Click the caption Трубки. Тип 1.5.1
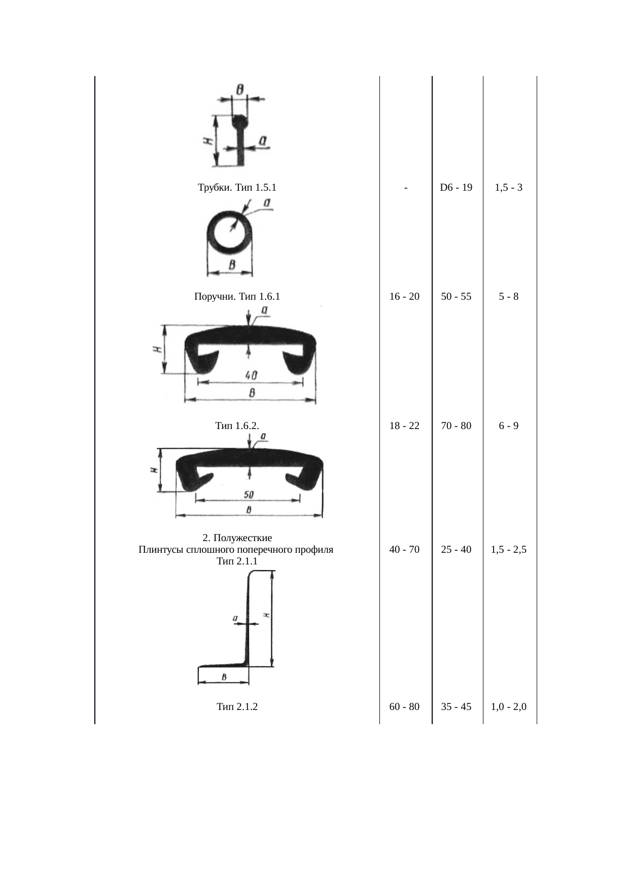[237, 188]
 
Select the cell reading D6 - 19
[456, 188]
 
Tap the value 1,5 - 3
[509, 188]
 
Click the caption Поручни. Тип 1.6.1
[237, 297]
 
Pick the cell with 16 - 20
[404, 297]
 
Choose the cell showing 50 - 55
[456, 297]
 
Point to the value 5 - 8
[509, 297]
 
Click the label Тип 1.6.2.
[237, 425]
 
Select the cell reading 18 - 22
[404, 425]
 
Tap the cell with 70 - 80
[456, 425]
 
